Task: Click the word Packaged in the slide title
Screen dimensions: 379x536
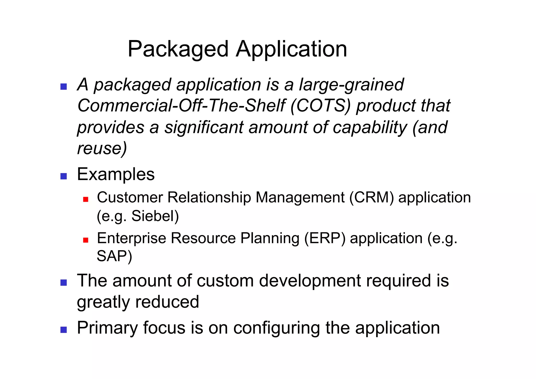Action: point(178,49)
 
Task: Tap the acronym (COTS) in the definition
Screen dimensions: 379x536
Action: point(320,106)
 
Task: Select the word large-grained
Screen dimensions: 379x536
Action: point(351,85)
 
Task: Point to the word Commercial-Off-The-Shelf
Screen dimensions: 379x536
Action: point(181,106)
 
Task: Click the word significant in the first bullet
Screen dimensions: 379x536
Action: point(204,127)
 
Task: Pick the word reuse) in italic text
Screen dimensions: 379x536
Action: point(102,148)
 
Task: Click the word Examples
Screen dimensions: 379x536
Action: point(116,174)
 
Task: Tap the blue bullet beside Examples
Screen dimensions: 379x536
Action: point(64,176)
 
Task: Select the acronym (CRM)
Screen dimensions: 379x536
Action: point(371,197)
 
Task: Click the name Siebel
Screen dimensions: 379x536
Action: point(155,216)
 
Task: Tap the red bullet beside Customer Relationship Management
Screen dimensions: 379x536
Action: point(86,200)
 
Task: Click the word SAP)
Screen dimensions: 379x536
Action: point(114,256)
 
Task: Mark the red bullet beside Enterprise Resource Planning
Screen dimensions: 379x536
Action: point(86,240)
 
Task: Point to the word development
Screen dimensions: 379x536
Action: point(310,281)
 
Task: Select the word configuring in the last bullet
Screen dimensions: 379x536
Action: point(276,328)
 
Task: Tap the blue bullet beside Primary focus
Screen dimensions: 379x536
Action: point(64,330)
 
